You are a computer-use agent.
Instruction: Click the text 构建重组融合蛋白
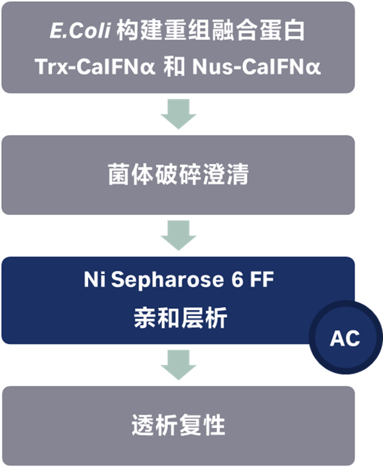point(210,32)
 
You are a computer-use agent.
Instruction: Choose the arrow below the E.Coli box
point(178,114)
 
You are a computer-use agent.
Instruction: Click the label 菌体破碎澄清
point(178,175)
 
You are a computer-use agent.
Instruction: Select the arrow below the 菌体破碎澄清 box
point(178,235)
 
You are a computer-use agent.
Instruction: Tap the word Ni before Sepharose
point(95,280)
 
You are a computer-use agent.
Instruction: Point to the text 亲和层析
point(178,318)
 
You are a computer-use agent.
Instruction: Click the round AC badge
point(345,338)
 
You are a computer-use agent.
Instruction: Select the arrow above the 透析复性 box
point(178,365)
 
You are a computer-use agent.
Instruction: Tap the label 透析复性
point(178,425)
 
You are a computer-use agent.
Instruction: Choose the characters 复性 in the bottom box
point(202,425)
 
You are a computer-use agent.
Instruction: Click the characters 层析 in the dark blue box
point(202,318)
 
